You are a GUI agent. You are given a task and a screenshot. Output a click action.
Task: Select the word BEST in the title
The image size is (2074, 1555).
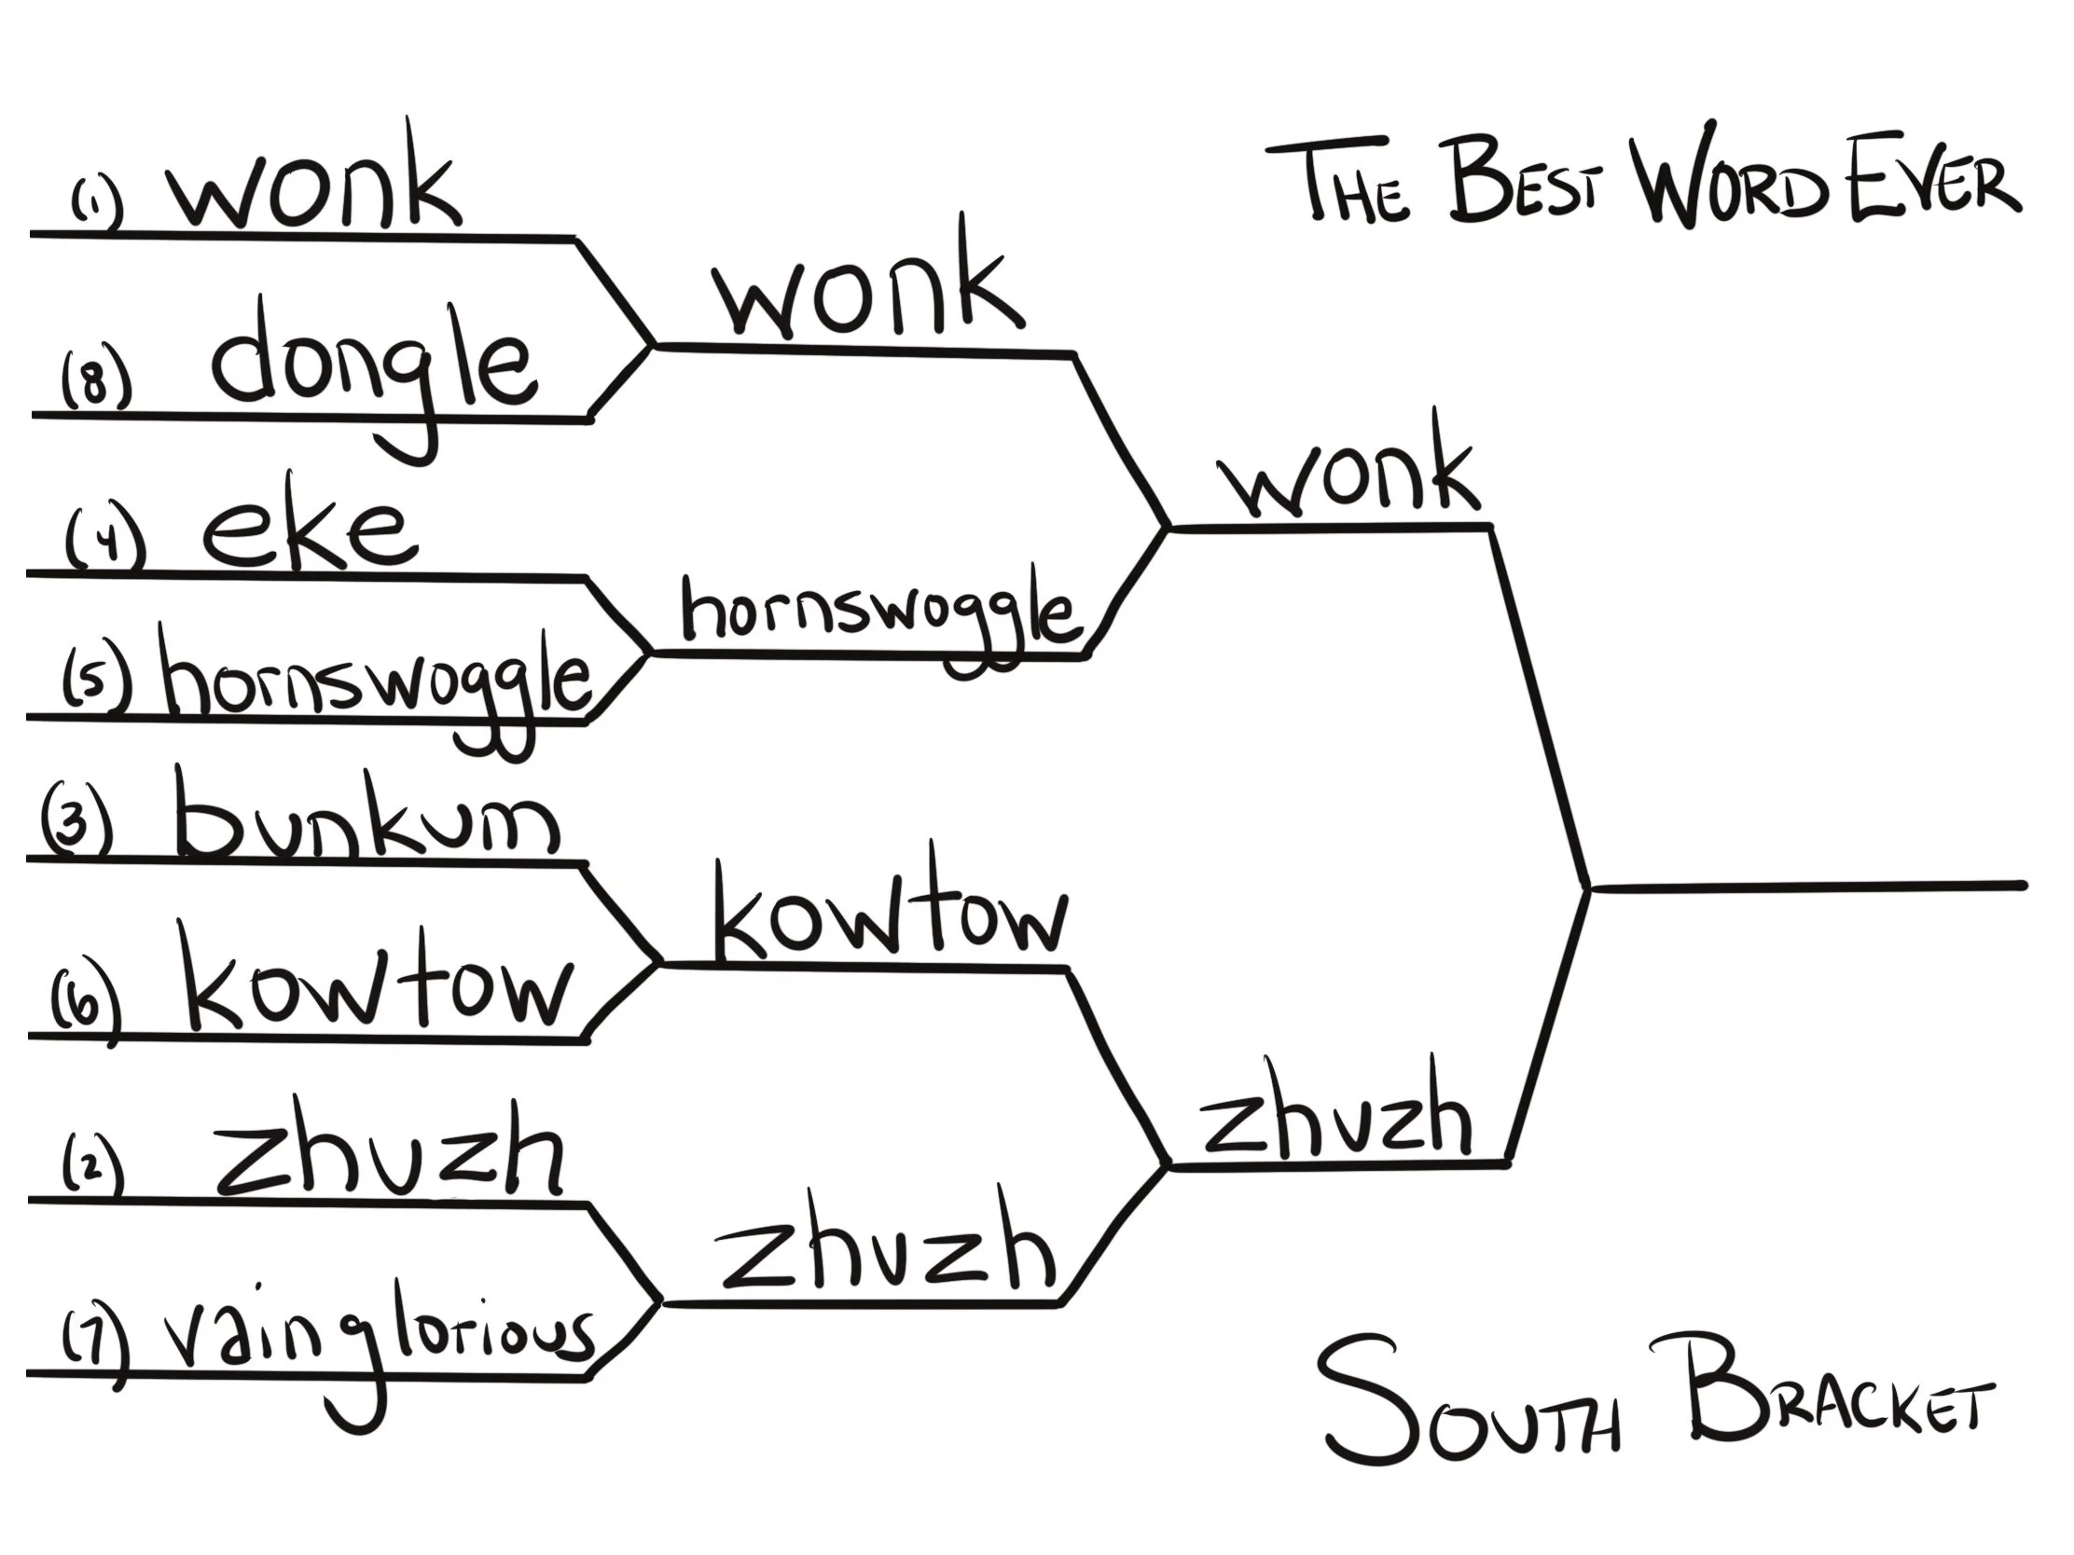[x=1524, y=183]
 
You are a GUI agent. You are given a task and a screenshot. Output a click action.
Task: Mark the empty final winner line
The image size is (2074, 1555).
[x=1809, y=886]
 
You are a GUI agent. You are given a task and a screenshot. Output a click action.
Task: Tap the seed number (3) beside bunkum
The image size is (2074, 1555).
[x=77, y=823]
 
